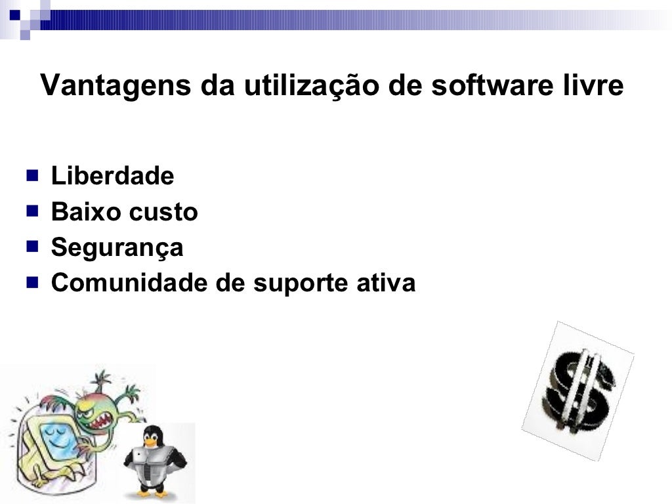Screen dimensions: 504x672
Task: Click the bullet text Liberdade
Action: pos(112,176)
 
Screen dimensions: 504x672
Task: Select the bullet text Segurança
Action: pos(117,247)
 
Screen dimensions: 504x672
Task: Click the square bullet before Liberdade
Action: pos(32,175)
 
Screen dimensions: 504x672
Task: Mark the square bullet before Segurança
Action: pos(32,247)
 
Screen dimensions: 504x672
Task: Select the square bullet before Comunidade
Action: pos(32,283)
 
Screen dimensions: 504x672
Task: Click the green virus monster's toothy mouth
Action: pos(104,420)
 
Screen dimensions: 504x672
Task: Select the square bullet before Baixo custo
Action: pos(32,211)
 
